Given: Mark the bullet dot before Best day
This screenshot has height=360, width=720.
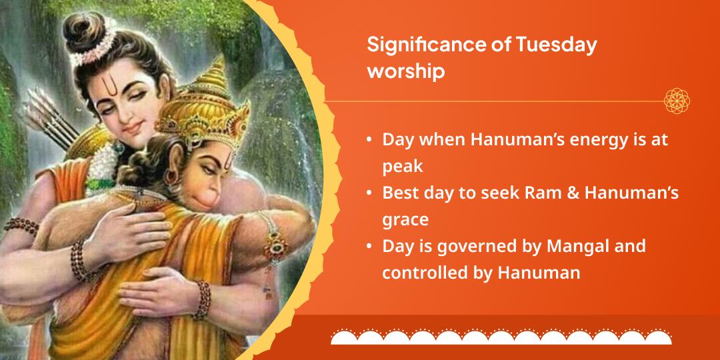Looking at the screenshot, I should point(369,193).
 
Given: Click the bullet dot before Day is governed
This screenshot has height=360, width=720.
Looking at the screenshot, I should point(369,247).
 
